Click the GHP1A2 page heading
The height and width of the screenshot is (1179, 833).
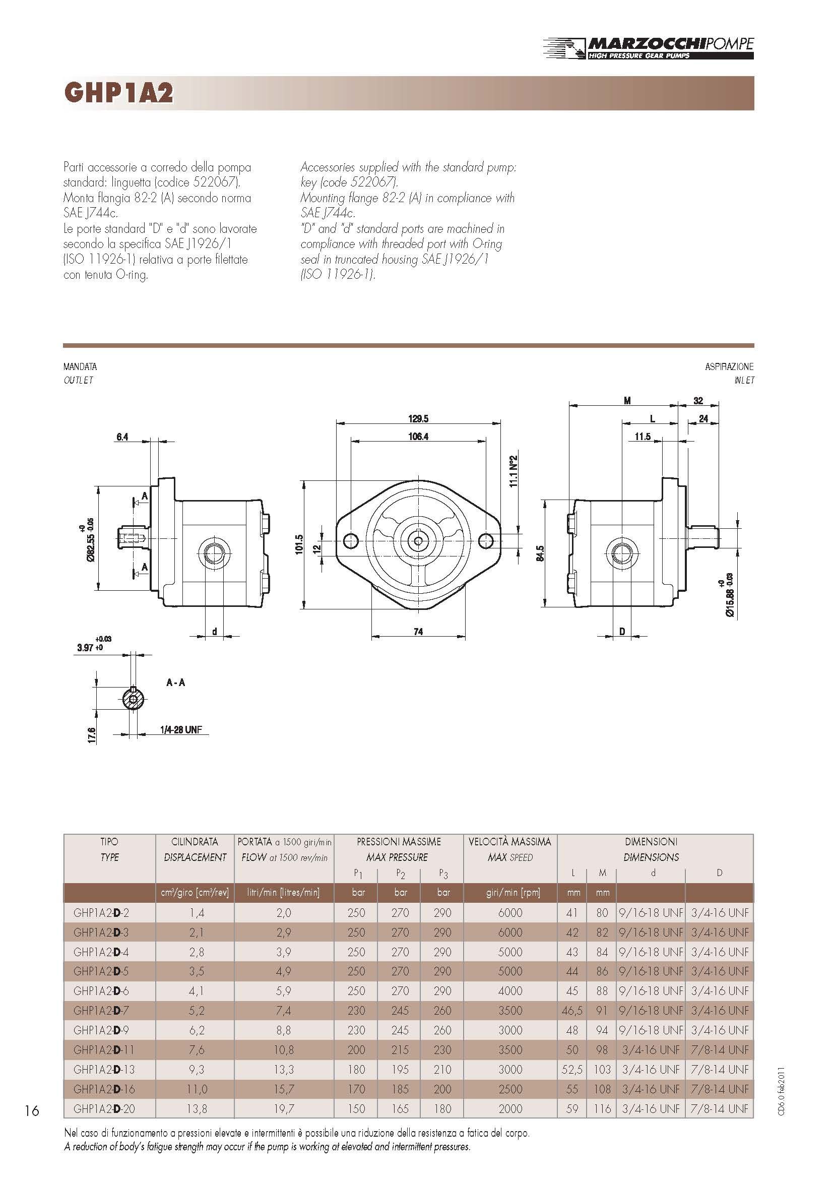118,93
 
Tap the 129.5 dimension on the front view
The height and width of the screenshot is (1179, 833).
418,418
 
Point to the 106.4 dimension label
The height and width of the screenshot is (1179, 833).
418,437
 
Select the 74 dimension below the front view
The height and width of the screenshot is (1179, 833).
418,632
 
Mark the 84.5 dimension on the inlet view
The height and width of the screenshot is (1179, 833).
540,553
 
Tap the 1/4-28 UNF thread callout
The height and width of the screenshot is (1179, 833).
181,730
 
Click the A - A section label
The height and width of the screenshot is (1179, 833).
175,682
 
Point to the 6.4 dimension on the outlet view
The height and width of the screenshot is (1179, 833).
122,437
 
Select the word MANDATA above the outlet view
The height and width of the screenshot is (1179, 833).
80,366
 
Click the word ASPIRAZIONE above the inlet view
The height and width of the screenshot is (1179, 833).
729,366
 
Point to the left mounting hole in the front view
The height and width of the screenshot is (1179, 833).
351,540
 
